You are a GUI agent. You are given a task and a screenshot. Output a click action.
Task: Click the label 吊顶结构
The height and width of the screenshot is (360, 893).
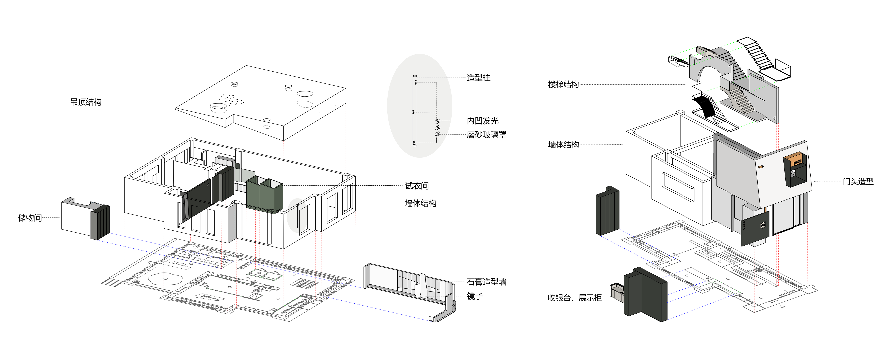(86, 102)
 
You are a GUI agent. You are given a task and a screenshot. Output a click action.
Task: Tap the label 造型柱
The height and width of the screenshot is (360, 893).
(478, 78)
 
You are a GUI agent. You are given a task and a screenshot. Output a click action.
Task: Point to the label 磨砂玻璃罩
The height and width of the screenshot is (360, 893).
(486, 134)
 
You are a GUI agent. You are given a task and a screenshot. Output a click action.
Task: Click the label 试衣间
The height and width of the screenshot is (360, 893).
(417, 186)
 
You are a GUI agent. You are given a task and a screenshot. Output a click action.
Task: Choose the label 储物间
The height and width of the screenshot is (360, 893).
(30, 218)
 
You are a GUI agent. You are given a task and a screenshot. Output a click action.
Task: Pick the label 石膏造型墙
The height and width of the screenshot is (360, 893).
(486, 282)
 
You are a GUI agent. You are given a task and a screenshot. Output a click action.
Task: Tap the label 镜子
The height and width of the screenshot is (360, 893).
(475, 296)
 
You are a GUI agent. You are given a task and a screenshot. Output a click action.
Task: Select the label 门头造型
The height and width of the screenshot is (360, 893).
(858, 181)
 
